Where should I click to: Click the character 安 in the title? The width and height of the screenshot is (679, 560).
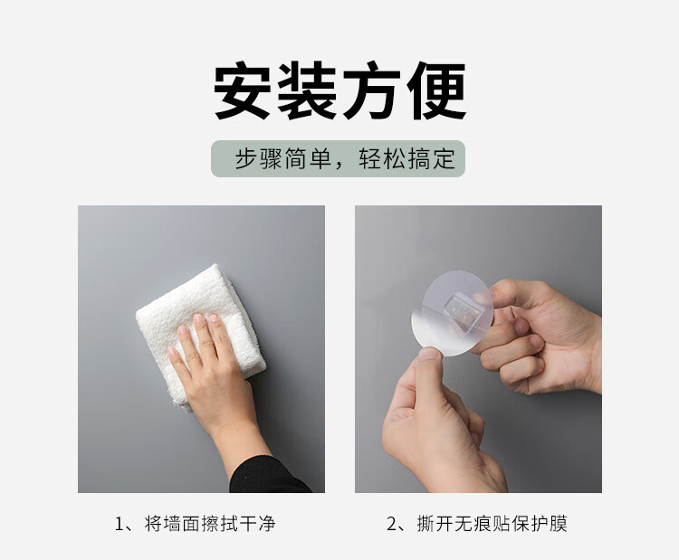(x=243, y=90)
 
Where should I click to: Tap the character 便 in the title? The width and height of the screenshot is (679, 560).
(x=436, y=90)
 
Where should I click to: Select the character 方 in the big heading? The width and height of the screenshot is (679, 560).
(x=371, y=90)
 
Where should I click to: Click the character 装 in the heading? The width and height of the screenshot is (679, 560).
(x=307, y=90)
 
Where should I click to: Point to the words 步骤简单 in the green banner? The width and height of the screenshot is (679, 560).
(x=283, y=159)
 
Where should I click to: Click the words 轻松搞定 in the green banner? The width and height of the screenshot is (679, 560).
(x=407, y=159)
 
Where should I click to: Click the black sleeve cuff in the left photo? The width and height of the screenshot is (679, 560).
(x=269, y=475)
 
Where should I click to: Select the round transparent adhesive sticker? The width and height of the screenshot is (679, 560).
(x=453, y=313)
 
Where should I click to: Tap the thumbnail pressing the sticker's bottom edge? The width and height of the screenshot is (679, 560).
(x=429, y=355)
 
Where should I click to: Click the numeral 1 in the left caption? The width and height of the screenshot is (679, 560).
(x=120, y=524)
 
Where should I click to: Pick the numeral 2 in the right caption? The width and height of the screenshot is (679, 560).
(x=392, y=524)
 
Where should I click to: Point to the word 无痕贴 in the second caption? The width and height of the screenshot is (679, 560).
(x=483, y=524)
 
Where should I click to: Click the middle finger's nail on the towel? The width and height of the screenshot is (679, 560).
(x=199, y=319)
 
